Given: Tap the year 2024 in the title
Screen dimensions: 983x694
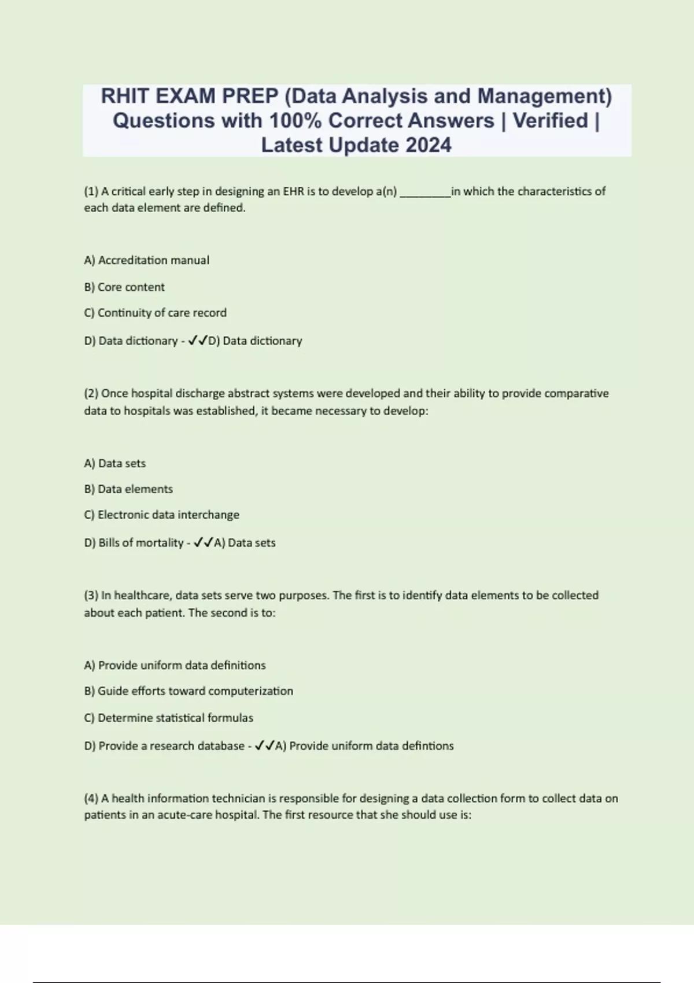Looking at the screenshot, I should [428, 145].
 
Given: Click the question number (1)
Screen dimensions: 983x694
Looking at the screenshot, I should [91, 191].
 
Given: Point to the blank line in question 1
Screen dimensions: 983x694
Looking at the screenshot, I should [425, 193].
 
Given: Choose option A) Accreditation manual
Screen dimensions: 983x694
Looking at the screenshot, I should [146, 260].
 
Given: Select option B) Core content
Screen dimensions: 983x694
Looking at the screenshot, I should [124, 287].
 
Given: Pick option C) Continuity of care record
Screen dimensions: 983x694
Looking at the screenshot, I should [155, 313].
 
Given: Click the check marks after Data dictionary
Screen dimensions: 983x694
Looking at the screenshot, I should [198, 341].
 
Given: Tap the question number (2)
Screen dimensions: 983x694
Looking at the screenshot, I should [91, 393].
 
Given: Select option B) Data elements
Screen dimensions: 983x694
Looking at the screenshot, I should [128, 489].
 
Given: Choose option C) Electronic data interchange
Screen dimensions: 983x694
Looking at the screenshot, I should [161, 515].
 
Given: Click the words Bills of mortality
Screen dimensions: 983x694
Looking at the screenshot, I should [141, 543].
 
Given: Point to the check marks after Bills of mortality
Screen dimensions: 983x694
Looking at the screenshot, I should [203, 542].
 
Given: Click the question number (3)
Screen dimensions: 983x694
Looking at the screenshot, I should [91, 596].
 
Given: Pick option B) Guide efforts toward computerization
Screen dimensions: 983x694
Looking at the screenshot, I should [189, 691].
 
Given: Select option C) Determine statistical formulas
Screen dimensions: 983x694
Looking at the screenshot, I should [168, 718].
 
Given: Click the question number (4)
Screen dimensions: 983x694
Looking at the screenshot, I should [91, 799].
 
